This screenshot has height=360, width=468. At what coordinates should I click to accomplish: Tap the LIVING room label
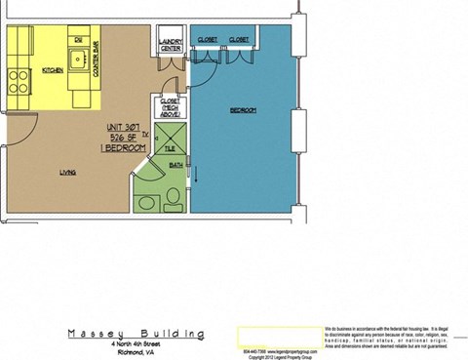(68, 173)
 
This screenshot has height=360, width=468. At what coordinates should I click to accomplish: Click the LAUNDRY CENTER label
(171, 46)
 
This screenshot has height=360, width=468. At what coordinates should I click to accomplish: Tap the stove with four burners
(18, 76)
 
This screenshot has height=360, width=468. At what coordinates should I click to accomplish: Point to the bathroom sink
(148, 203)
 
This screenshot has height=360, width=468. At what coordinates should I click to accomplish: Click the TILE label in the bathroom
(169, 149)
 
